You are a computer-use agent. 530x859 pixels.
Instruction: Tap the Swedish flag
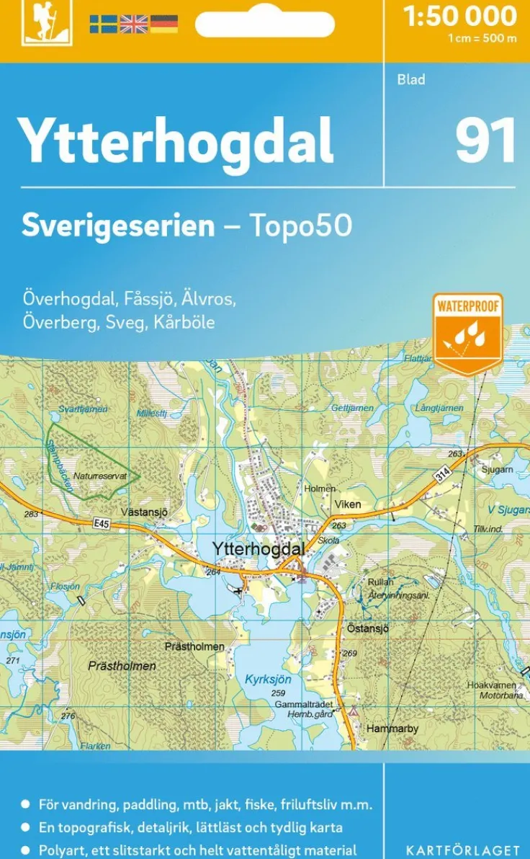tap(103, 24)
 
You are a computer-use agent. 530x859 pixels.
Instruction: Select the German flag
tap(163, 24)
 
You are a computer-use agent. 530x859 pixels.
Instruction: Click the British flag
tap(133, 24)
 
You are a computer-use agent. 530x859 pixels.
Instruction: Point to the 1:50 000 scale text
tap(460, 16)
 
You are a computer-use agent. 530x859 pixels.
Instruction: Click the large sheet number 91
tap(486, 140)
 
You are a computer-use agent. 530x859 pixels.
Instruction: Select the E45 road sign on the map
tap(101, 525)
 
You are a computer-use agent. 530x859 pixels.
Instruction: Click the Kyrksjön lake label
tap(268, 679)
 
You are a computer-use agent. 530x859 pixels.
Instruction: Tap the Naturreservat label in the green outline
tap(100, 476)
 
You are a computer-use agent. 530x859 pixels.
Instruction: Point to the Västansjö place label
tap(144, 512)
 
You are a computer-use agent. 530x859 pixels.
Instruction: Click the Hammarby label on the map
tap(392, 729)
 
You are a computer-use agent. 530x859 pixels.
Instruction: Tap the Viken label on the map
tap(348, 504)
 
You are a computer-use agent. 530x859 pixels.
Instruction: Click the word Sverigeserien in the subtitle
tap(118, 226)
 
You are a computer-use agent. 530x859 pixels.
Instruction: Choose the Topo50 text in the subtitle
tap(300, 226)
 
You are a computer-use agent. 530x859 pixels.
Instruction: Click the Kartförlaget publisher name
tap(462, 850)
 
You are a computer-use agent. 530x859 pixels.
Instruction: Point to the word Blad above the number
tap(411, 79)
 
